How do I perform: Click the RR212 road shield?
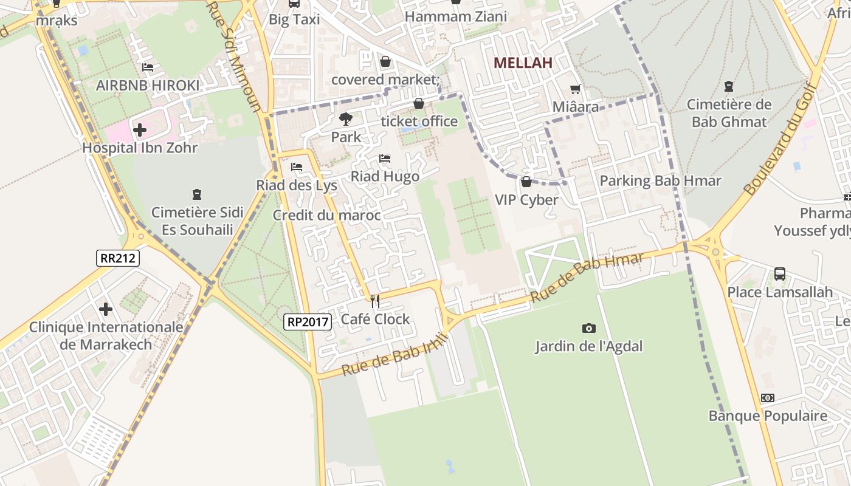pos(118,258)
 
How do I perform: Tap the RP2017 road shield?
pos(308,322)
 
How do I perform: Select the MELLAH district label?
pos(523,63)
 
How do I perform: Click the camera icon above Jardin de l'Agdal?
pos(588,329)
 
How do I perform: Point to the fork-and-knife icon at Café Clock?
pos(375,301)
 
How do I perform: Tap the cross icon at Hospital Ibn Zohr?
pos(140,129)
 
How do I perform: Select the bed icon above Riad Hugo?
pos(385,159)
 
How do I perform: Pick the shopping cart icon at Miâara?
pos(575,89)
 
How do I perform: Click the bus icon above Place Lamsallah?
pos(780,274)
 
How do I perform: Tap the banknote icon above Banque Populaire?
pos(768,398)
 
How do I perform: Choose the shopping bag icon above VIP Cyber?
pos(526,182)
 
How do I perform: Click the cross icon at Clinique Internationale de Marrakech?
pos(106,309)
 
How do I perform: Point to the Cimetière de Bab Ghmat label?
pos(729,113)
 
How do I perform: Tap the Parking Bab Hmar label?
pos(660,181)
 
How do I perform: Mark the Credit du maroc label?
pos(326,215)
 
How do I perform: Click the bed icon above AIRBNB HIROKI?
pos(147,67)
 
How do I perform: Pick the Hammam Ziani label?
pos(455,17)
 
